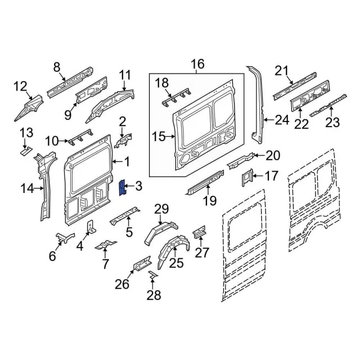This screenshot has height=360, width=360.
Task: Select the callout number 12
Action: pyautogui.click(x=20, y=86)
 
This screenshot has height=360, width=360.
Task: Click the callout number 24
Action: pyautogui.click(x=282, y=119)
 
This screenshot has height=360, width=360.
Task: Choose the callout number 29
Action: pyautogui.click(x=162, y=210)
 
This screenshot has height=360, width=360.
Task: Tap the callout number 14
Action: pyautogui.click(x=28, y=188)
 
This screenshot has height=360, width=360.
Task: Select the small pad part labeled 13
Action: pyautogui.click(x=25, y=150)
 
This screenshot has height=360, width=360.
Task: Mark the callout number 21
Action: pyautogui.click(x=281, y=70)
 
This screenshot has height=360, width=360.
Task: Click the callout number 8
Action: pyautogui.click(x=57, y=67)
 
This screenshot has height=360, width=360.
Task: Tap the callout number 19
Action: pyautogui.click(x=209, y=201)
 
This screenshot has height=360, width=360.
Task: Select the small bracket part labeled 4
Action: pyautogui.click(x=90, y=227)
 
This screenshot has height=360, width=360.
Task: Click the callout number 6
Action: pyautogui.click(x=52, y=256)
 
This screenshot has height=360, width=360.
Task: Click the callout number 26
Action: pyautogui.click(x=121, y=284)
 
